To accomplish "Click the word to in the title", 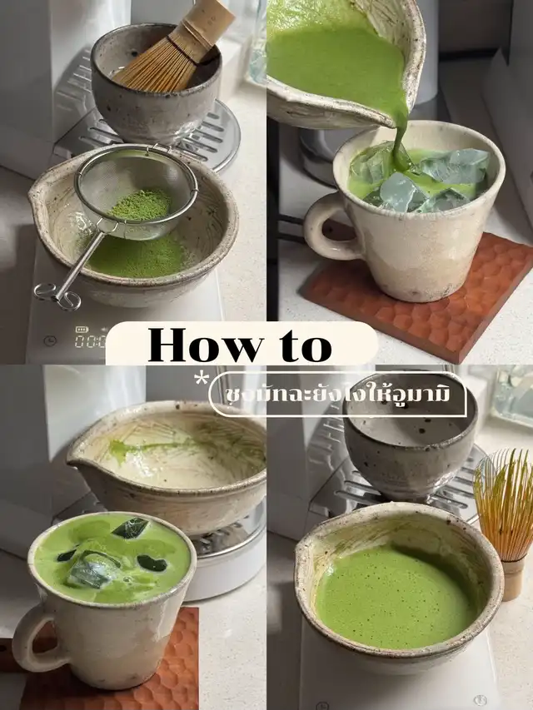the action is click(x=304, y=345).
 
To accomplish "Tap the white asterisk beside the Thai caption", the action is click(x=202, y=380).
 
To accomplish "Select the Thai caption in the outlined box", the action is click(x=337, y=394).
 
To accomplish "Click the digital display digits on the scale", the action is click(x=91, y=341).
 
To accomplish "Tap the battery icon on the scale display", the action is click(x=82, y=329).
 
